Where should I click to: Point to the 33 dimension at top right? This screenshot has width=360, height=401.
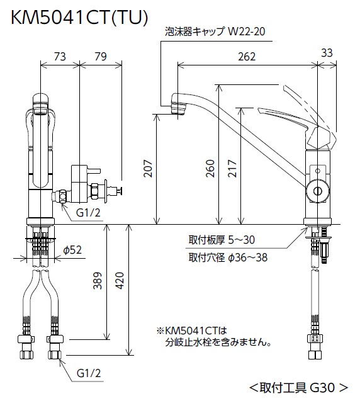click(x=327, y=54)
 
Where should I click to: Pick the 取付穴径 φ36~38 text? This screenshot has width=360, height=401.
click(x=227, y=257)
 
